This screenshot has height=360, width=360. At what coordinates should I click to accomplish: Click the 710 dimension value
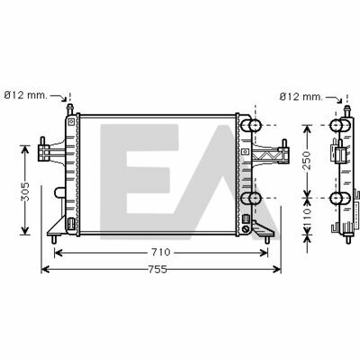click(161, 253)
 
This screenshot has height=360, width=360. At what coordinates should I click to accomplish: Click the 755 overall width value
click(157, 269)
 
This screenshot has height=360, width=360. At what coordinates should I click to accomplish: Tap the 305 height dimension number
click(25, 191)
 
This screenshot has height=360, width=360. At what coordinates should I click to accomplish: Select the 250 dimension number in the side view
click(307, 160)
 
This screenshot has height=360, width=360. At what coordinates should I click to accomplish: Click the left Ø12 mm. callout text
click(26, 95)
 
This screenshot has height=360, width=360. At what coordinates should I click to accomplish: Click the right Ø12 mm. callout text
click(301, 97)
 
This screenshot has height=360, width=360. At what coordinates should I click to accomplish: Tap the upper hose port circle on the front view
click(255, 125)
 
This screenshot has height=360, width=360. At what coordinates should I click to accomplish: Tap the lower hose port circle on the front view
click(255, 198)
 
